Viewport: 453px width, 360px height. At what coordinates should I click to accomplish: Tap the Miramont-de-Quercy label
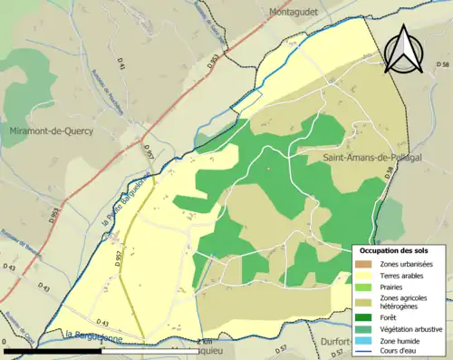pyautogui.click(x=46, y=131)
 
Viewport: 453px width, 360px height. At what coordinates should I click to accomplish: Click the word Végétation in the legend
pyautogui.click(x=399, y=328)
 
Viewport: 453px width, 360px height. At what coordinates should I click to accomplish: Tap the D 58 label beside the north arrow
pyautogui.click(x=442, y=65)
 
